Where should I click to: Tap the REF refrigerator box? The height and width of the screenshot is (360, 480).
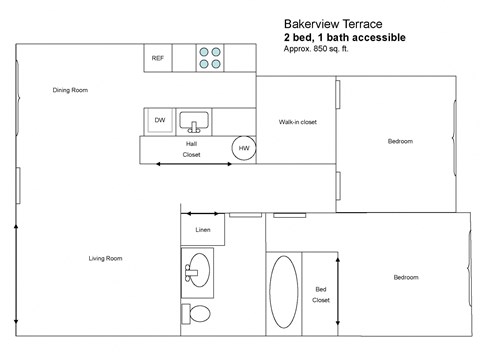[x=157, y=58]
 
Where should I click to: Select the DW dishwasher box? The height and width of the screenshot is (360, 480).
[x=159, y=120]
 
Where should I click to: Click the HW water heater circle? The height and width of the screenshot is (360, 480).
[x=244, y=148]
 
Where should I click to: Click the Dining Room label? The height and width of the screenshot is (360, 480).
[x=70, y=90]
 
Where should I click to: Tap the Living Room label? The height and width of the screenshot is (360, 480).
[x=105, y=258]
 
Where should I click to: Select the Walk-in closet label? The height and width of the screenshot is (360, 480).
[x=297, y=122]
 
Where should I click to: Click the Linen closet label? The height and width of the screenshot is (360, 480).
[x=202, y=230]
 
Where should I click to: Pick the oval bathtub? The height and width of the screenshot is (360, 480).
[x=283, y=293]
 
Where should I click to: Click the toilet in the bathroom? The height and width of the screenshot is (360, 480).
[x=198, y=314]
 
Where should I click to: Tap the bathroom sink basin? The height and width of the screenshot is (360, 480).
[x=199, y=268]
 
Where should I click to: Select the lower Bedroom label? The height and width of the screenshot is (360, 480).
[x=405, y=277]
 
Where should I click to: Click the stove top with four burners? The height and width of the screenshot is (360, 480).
[x=210, y=57]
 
